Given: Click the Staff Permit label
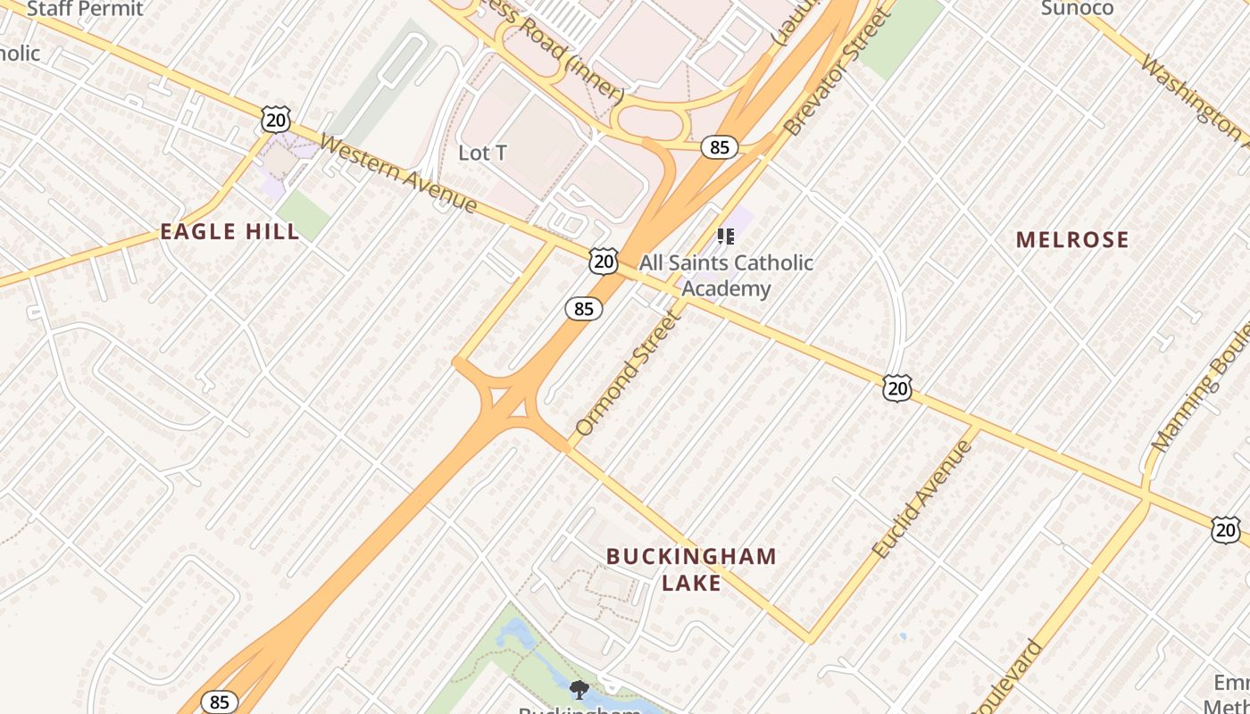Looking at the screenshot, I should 85,9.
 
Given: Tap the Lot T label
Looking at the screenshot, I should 482,153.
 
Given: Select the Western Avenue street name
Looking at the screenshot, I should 398,173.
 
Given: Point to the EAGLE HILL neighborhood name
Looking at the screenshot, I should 229,232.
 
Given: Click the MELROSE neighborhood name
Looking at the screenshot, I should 1072,239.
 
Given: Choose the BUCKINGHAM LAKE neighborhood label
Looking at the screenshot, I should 691,569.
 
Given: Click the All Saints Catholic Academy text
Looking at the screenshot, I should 726,275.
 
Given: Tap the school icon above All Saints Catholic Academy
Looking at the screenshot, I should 726,237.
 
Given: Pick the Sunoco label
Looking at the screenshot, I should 1077,9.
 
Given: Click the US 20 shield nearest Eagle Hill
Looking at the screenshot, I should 276,119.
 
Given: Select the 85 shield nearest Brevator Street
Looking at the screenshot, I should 719,146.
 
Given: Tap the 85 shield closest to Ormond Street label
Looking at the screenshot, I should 583,309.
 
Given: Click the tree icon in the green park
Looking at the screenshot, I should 579,689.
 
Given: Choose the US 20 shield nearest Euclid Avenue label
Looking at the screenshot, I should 897,387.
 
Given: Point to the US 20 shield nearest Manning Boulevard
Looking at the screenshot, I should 1226,530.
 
